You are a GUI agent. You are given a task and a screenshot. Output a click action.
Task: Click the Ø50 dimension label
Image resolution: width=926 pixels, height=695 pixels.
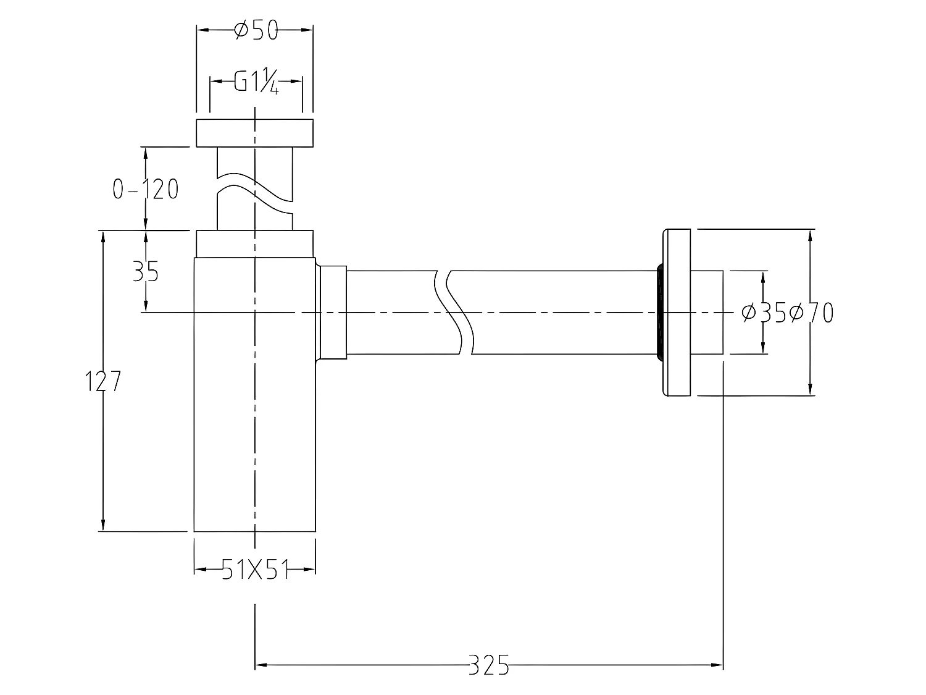pyautogui.click(x=256, y=30)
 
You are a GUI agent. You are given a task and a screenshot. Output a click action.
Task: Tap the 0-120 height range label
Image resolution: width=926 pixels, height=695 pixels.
pyautogui.click(x=146, y=189)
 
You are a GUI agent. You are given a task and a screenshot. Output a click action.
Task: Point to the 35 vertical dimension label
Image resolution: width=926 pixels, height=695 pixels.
pyautogui.click(x=146, y=271)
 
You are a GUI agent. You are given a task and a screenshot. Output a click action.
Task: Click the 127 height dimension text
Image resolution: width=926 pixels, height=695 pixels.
pyautogui.click(x=102, y=382)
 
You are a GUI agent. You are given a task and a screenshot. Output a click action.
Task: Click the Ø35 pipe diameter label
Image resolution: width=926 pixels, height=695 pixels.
pyautogui.click(x=764, y=313)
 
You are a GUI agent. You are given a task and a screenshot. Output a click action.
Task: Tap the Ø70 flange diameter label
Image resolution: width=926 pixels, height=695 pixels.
pyautogui.click(x=811, y=313)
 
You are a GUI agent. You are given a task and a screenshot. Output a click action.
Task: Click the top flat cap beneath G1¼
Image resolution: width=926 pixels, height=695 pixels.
pyautogui.click(x=254, y=133)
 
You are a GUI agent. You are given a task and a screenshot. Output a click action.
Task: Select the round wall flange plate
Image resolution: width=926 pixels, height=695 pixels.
pyautogui.click(x=677, y=313)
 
